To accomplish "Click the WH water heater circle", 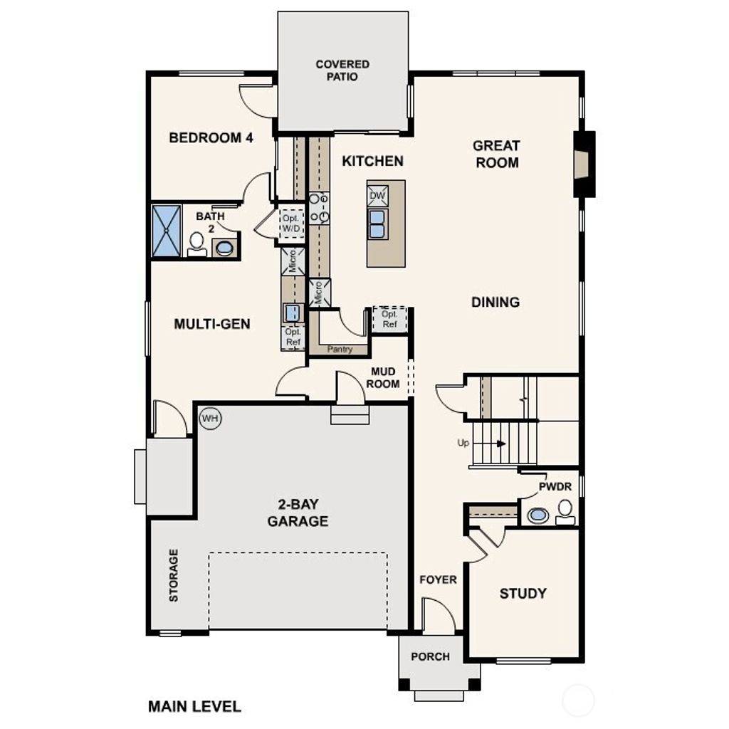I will pos(210,418).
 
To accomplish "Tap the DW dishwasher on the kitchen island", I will pos(377,196).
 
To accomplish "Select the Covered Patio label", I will pos(342,70).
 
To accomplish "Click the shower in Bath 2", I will pos(167,231).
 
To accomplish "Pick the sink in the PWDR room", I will pos(538,515).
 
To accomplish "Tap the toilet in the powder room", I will pos(565,512).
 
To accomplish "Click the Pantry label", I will pos(340,350).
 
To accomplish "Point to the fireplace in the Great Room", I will pos(584,164).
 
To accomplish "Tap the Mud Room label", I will pos(384,378).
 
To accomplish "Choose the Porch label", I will pos(431,656).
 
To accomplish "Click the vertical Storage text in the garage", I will pos(174,575).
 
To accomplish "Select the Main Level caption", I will pos(194,707).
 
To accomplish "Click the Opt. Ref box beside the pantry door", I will pos(389,319).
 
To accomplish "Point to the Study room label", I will pos(523,593).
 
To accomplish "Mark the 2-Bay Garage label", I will pos(298,513).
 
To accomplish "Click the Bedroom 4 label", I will pos(211,137).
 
